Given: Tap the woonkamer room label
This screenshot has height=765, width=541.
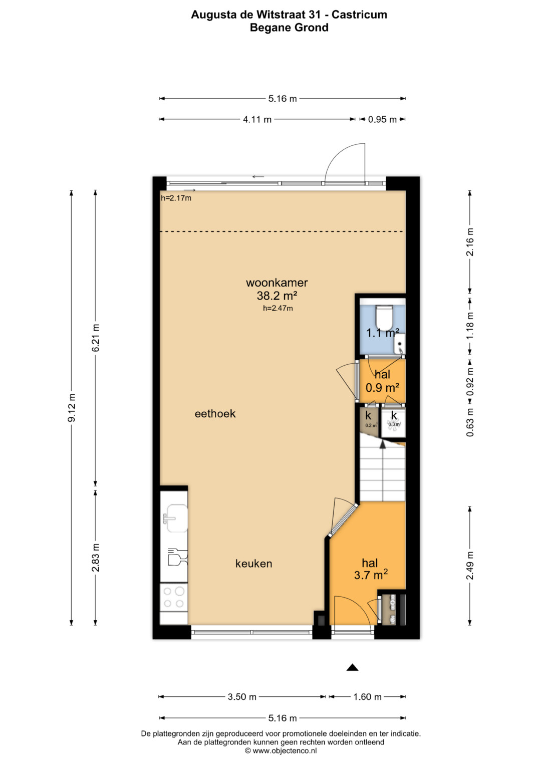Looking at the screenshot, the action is tap(277, 283).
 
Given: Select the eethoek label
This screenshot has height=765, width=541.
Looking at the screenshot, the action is tap(215, 414).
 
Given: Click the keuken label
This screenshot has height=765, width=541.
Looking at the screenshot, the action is tap(254, 564).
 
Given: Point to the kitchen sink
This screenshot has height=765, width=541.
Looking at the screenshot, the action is tap(176, 518).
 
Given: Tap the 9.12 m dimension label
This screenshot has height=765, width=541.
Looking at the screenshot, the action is tap(71, 408).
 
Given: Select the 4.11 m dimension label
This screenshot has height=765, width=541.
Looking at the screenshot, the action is tap(257, 120).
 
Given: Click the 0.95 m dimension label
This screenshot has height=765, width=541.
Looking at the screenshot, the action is tap(382, 120).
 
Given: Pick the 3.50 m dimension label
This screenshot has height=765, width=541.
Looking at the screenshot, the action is tap(242, 697).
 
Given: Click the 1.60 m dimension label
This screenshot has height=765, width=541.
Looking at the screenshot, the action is tap(367, 697).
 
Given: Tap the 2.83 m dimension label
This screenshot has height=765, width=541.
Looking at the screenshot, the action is tap(96, 558).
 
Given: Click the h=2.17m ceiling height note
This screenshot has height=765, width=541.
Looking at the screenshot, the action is tap(176, 198).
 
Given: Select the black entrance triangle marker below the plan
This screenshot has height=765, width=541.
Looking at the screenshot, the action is tap(353, 668).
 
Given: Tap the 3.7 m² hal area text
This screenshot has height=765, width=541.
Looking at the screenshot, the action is tap(371, 575).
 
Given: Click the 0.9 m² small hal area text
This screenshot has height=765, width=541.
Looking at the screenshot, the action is tap(383, 388).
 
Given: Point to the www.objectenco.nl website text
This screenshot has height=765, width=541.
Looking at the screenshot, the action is tap(281, 750).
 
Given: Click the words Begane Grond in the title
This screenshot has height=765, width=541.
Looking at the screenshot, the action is tap(289, 28).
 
